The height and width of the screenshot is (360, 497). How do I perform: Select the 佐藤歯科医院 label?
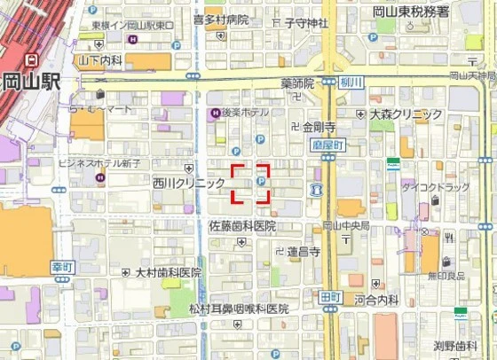242,226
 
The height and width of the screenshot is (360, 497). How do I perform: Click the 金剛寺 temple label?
319,127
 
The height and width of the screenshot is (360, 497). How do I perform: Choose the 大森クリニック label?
406,114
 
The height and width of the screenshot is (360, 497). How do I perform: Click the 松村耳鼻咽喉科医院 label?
239,309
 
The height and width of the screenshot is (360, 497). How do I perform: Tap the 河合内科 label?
377,301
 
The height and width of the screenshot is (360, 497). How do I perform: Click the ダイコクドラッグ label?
436,187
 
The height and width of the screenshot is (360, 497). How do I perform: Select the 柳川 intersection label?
353,82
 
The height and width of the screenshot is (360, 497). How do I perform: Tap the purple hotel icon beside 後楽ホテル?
214,113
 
